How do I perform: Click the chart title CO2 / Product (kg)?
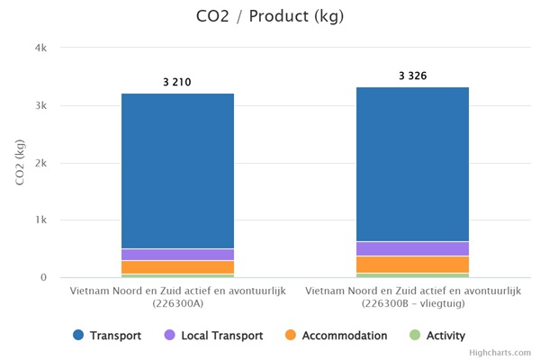pos(269,16)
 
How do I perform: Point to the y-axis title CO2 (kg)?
pos(20,162)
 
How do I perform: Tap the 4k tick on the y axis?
pos(40,48)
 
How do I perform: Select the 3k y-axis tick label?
pos(40,105)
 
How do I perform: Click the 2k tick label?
pos(40,163)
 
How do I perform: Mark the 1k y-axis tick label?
pos(40,220)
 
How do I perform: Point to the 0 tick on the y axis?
pos(43,277)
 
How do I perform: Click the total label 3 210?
pos(176,83)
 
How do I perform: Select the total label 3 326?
pos(412,76)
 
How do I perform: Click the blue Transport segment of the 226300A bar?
pos(177,171)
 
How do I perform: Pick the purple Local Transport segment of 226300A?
pos(177,255)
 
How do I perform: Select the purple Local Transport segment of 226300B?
pos(412,248)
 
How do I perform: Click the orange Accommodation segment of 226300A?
pos(177,267)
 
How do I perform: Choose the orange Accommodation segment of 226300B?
pos(412,265)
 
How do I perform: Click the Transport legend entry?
pos(108,336)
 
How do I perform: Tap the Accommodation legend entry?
pos(336,336)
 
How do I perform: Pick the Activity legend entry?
pos(437,336)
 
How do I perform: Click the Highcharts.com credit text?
pos(499,353)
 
